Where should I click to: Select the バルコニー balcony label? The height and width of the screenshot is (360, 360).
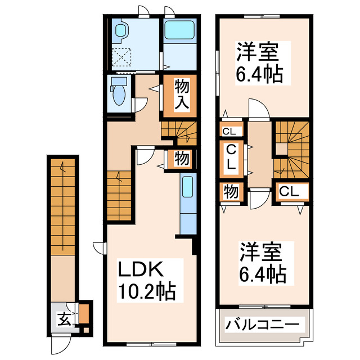pyautogui.click(x=263, y=325)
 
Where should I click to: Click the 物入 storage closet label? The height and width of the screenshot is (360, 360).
pyautogui.click(x=181, y=95)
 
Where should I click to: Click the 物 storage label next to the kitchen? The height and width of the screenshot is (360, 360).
pyautogui.click(x=181, y=158)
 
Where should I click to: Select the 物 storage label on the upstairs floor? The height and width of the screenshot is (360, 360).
pyautogui.click(x=229, y=191)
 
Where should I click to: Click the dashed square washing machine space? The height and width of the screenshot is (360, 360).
pyautogui.click(x=120, y=57)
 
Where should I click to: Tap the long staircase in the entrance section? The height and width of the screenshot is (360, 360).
pyautogui.click(x=61, y=205)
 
